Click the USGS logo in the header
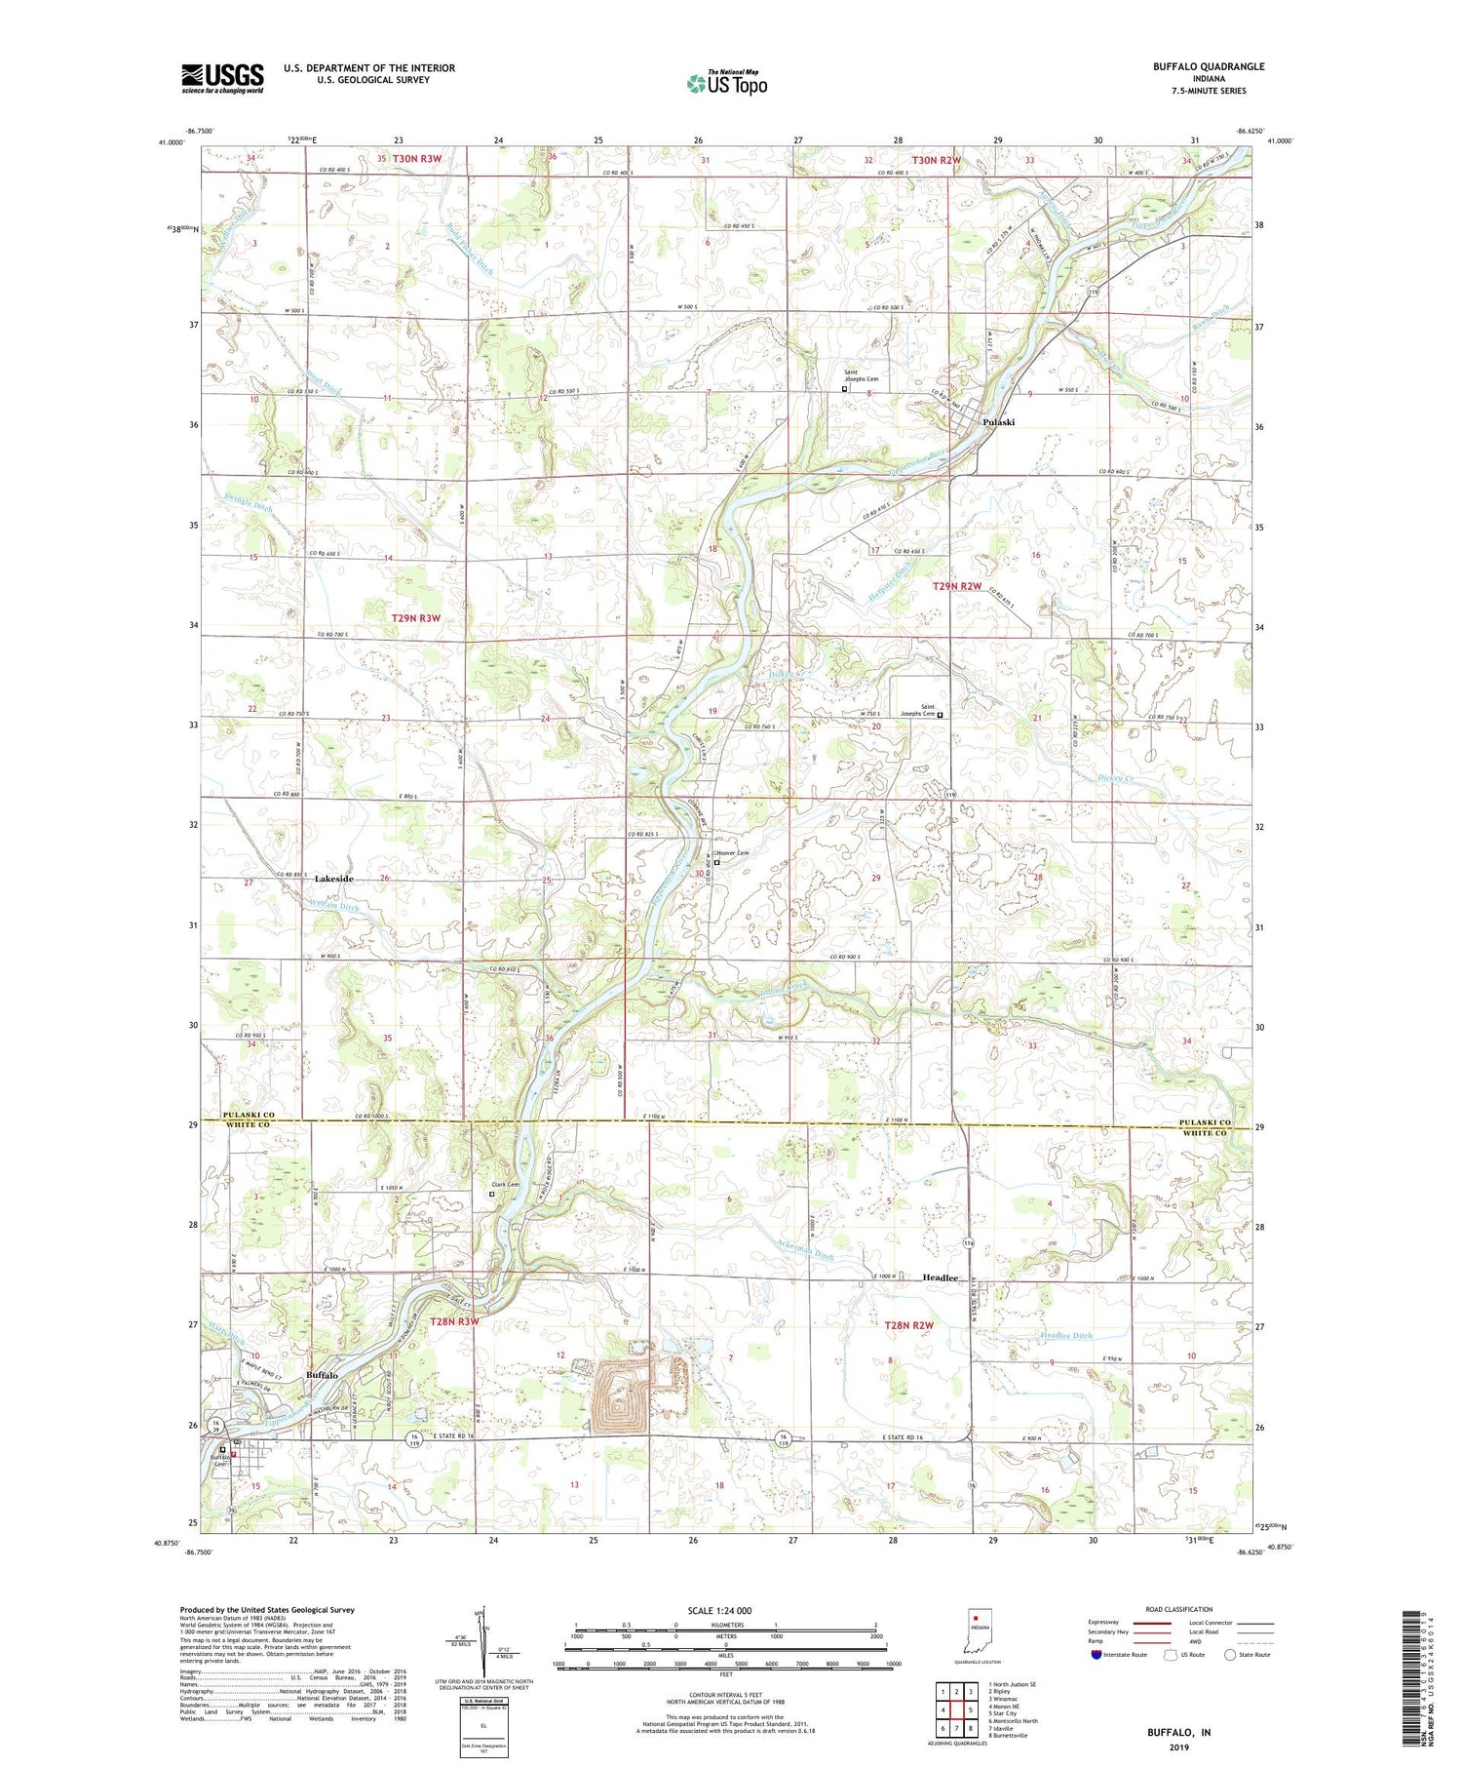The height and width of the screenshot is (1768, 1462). click(222, 78)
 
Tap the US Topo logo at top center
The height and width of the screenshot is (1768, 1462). click(726, 84)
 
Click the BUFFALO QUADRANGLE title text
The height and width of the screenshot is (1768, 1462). click(1208, 66)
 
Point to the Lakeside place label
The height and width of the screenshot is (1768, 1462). click(333, 879)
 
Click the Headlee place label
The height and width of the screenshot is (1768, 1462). click(941, 1277)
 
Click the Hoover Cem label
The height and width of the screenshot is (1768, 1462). click(734, 853)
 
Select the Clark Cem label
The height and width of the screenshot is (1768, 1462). click(505, 1185)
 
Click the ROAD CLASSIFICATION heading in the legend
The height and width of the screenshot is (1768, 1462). click(1179, 1609)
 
